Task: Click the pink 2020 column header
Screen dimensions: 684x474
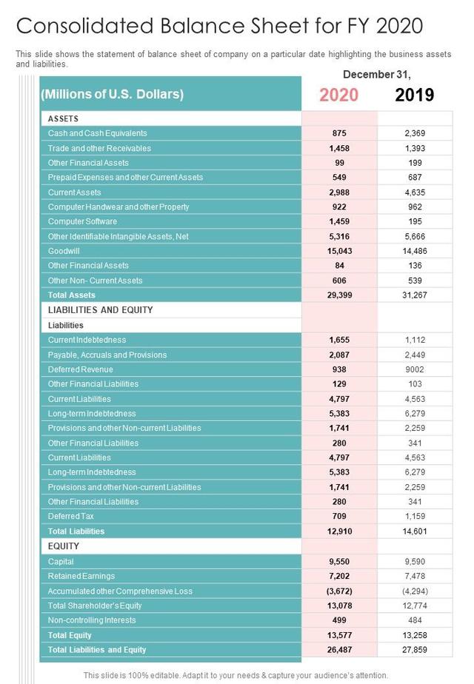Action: click(x=339, y=95)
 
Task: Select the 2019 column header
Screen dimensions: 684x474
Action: click(x=415, y=95)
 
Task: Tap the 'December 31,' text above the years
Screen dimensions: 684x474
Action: click(x=376, y=75)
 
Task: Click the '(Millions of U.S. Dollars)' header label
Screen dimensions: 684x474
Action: click(x=113, y=95)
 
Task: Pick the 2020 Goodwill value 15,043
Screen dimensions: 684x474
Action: click(x=339, y=251)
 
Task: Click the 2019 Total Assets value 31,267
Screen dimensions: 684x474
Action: click(x=415, y=295)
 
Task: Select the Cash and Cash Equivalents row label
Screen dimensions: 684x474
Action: click(x=97, y=133)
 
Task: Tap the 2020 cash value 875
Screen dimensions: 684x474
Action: click(x=339, y=133)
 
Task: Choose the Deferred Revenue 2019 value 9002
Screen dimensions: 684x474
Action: click(x=415, y=369)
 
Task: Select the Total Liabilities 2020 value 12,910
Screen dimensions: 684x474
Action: click(x=339, y=532)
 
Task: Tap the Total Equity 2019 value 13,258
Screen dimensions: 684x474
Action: click(x=415, y=635)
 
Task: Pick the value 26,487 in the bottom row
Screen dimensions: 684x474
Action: click(x=339, y=650)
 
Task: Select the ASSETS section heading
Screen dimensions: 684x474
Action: click(x=63, y=118)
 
